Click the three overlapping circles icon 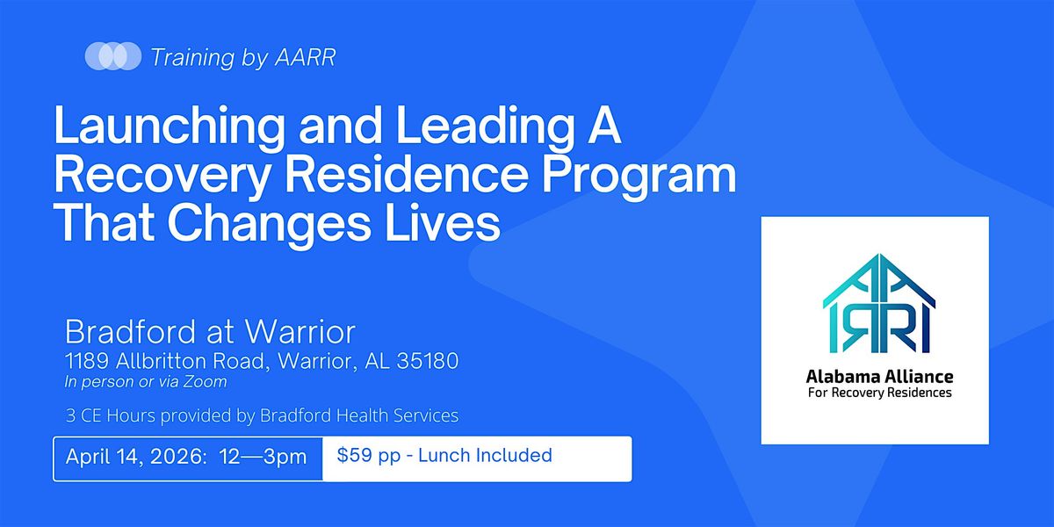(x=113, y=56)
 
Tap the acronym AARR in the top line (x=305, y=57)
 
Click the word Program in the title (x=639, y=177)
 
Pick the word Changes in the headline (x=269, y=225)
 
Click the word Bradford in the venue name (x=130, y=332)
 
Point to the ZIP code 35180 (x=428, y=361)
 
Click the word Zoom (x=206, y=381)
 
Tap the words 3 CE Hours (x=111, y=415)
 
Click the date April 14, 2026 (x=136, y=458)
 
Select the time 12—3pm (x=263, y=458)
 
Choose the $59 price (x=354, y=456)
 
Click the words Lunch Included (x=485, y=456)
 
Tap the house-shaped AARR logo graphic (x=879, y=304)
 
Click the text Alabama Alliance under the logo (x=879, y=377)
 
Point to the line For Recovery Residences (x=879, y=393)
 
